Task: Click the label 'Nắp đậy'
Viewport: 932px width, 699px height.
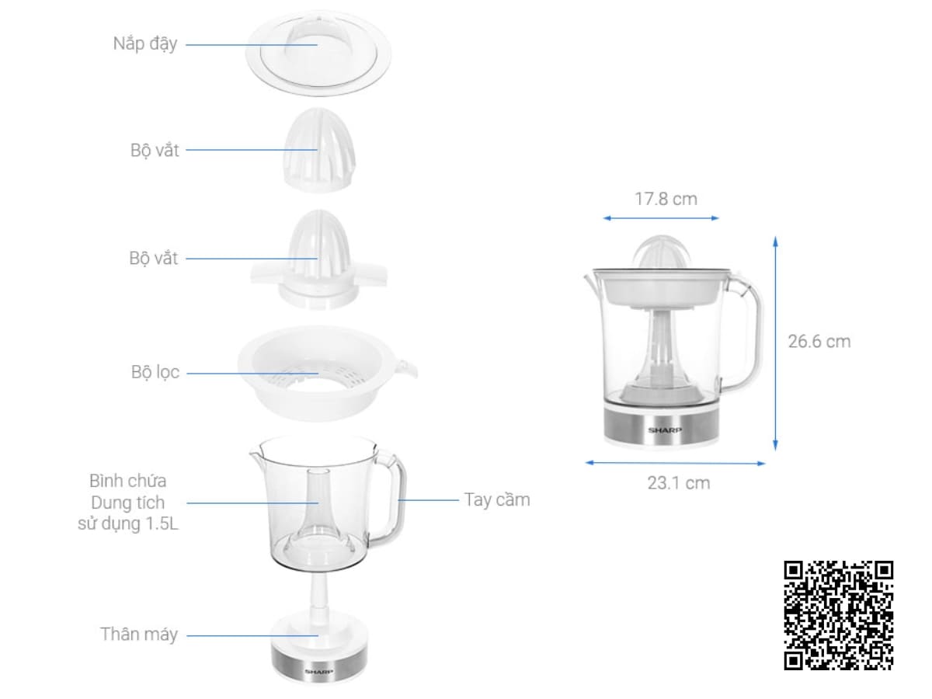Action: (144, 43)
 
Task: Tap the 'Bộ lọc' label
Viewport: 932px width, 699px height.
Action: (155, 372)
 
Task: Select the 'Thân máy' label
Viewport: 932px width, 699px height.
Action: (139, 635)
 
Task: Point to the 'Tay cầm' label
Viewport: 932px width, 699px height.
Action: (497, 499)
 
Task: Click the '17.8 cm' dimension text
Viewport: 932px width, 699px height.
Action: (666, 199)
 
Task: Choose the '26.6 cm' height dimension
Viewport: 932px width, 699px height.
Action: (819, 341)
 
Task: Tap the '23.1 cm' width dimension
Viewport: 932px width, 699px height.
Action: (679, 483)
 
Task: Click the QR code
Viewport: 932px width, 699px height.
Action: (838, 615)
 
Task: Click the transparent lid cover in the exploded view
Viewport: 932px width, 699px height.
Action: (318, 53)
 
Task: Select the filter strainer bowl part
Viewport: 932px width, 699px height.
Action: (327, 374)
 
